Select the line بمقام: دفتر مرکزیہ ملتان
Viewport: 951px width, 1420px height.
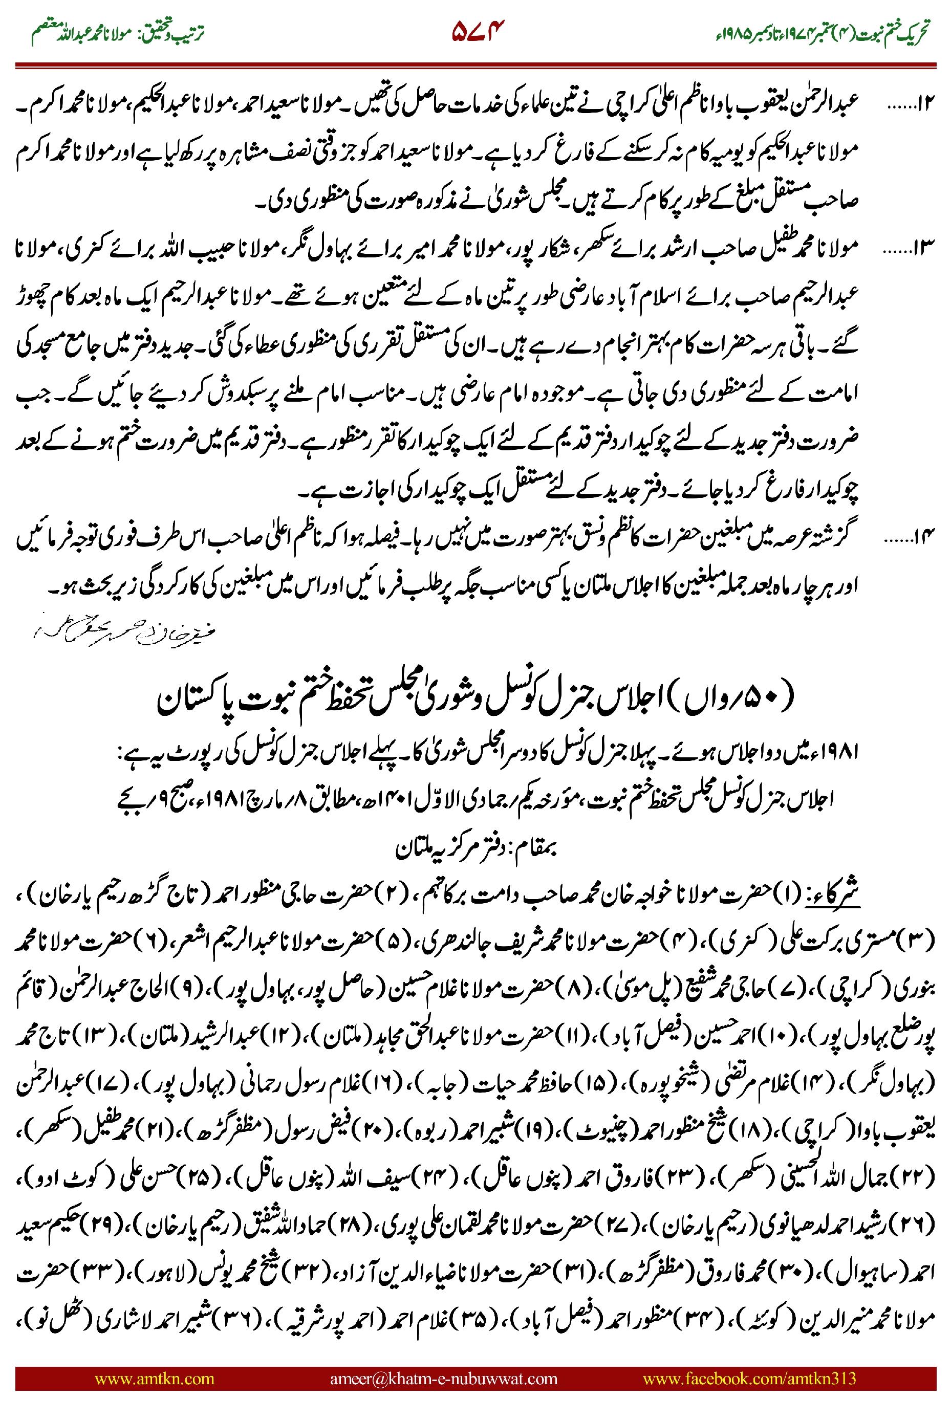pos(476,847)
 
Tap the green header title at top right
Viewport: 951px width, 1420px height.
pos(822,33)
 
